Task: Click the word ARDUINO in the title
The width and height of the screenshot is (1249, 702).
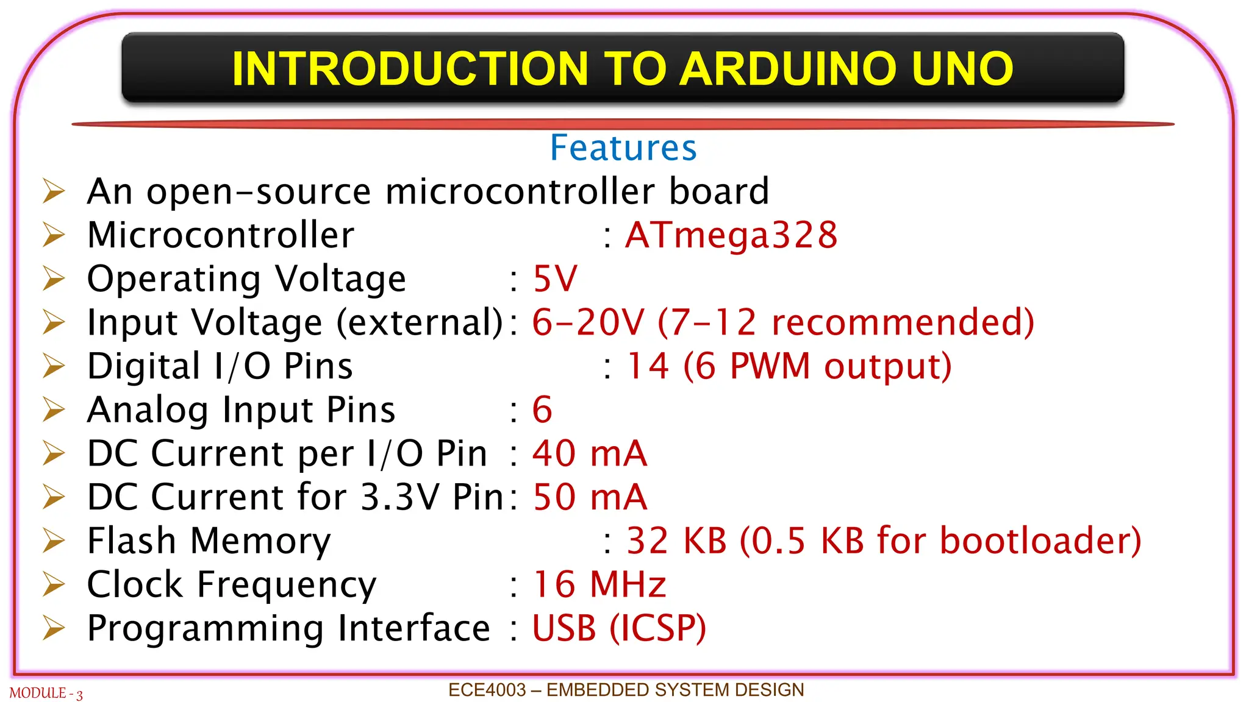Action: pyautogui.click(x=789, y=68)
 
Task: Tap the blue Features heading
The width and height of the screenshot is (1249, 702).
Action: pyautogui.click(x=623, y=148)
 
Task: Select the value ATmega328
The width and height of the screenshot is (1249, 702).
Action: pyautogui.click(x=731, y=235)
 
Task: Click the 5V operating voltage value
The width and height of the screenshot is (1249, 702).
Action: pyautogui.click(x=554, y=279)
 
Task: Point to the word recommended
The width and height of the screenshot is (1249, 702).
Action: pyautogui.click(x=903, y=322)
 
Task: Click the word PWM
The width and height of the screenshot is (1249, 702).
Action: pyautogui.click(x=770, y=366)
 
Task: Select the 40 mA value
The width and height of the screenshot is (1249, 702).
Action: pyautogui.click(x=589, y=453)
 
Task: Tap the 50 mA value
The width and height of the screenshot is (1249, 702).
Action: pyautogui.click(x=589, y=497)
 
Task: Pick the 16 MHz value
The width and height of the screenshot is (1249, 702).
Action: pyautogui.click(x=599, y=584)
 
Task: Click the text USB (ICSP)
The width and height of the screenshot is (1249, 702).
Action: pyautogui.click(x=619, y=628)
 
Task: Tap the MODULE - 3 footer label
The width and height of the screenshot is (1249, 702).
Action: pyautogui.click(x=46, y=693)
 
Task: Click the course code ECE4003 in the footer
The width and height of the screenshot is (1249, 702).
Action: pyautogui.click(x=487, y=690)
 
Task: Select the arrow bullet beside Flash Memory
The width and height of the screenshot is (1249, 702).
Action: pyautogui.click(x=54, y=541)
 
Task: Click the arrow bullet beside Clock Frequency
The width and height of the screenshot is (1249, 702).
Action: pyautogui.click(x=54, y=584)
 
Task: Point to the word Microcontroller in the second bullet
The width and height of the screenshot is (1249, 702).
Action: pyautogui.click(x=220, y=235)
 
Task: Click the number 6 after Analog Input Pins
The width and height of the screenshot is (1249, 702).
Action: pyautogui.click(x=542, y=409)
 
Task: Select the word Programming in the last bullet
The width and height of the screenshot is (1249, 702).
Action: pyautogui.click(x=205, y=629)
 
